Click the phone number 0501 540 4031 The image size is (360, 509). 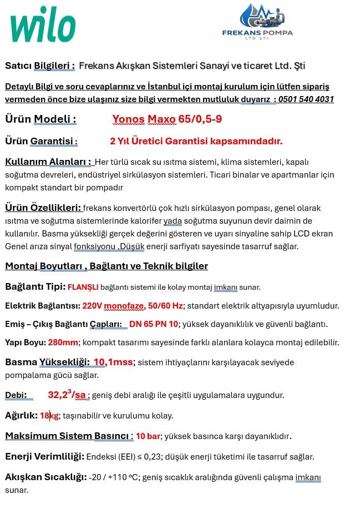click(x=306, y=99)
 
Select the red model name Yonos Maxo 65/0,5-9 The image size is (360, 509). click(x=167, y=119)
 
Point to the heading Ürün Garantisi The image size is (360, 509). click(x=41, y=141)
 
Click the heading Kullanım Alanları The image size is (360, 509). click(x=48, y=162)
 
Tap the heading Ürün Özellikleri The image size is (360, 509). click(x=43, y=208)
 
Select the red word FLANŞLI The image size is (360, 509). click(x=83, y=287)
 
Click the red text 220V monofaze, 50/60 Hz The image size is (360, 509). click(x=133, y=306)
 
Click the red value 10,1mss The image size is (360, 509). click(x=113, y=362)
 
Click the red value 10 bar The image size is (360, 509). click(x=148, y=436)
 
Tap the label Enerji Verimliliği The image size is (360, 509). click(x=44, y=456)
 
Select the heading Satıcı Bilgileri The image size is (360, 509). click(x=40, y=66)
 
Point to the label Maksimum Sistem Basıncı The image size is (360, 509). click(x=69, y=436)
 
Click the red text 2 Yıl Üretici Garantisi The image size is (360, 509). click(x=196, y=141)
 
